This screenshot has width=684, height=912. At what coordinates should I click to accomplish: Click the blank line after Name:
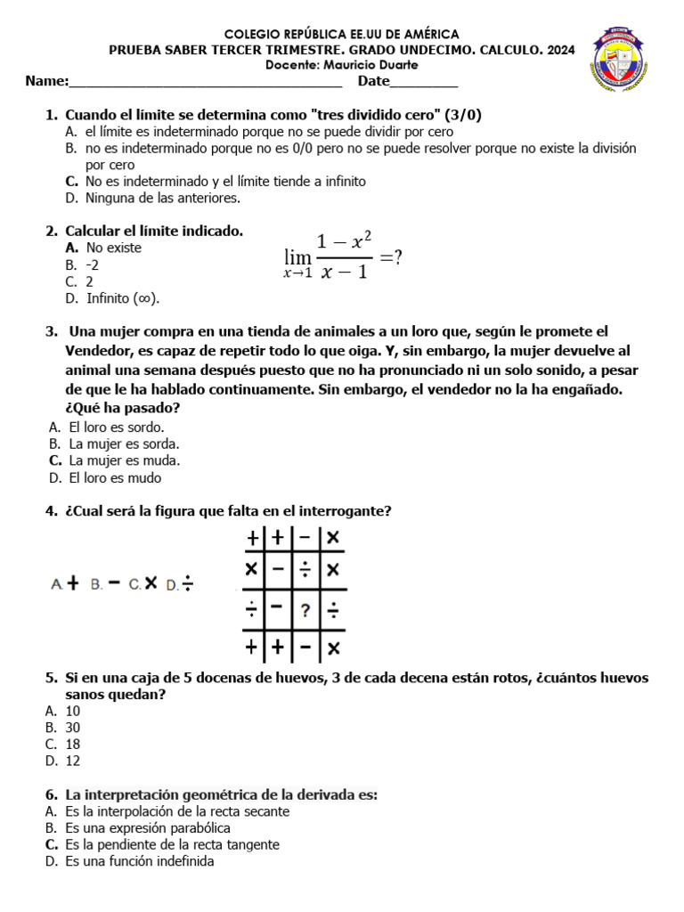coord(205,84)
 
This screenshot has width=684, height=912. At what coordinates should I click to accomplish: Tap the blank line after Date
coord(424,84)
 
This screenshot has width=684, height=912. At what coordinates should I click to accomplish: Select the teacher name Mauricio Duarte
coord(374,66)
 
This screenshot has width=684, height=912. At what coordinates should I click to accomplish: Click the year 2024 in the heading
coord(558,51)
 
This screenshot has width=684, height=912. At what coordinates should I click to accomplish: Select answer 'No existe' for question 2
coord(113,248)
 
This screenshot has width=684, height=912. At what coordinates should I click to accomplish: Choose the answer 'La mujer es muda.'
coord(124,460)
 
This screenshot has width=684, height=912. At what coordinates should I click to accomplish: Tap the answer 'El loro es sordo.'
coord(116,427)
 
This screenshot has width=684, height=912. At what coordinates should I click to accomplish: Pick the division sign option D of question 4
coord(189,584)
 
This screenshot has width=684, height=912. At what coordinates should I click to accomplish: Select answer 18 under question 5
coord(73,744)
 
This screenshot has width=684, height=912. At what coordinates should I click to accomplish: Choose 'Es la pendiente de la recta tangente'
coord(172,844)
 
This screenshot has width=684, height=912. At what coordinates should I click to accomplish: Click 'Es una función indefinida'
coord(139,861)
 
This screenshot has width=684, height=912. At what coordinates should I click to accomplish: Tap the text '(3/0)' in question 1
coord(463,115)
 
